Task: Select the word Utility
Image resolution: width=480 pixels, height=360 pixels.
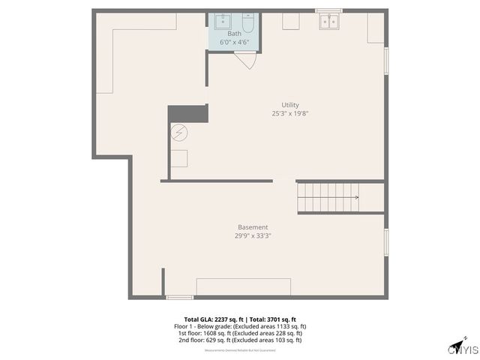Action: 291,105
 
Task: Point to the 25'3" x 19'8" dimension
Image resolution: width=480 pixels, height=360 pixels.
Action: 291,114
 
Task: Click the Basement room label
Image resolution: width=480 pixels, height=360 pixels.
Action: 253,227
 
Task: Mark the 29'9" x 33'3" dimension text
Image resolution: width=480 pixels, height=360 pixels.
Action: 253,235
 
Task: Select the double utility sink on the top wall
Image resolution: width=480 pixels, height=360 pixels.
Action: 328,22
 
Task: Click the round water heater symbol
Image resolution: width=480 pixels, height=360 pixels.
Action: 178,133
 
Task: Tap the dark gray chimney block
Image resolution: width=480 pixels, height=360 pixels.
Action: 187,113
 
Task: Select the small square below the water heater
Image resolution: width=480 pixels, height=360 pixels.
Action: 178,158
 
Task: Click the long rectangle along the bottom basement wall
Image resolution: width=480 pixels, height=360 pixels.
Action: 243,286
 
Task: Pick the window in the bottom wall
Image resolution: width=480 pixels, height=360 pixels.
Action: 179,298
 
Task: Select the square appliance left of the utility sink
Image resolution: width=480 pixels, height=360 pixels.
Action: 291,21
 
